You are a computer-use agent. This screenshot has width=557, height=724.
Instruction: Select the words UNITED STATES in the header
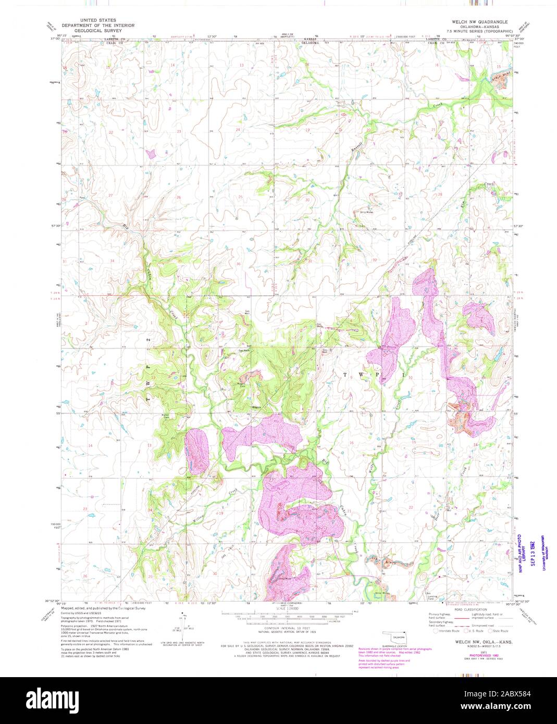[98, 20]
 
